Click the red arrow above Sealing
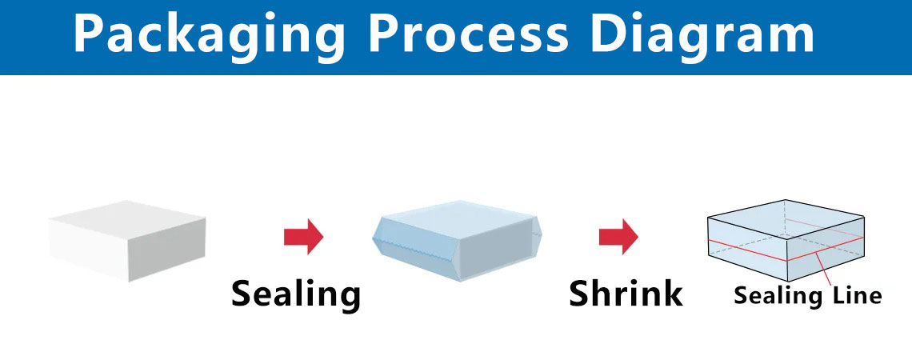[x=303, y=237]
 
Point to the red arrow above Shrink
[x=618, y=237]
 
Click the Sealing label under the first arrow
[x=296, y=294]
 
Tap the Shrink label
[x=626, y=294]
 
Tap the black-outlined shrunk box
[x=786, y=240]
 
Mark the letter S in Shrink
[x=580, y=294]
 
